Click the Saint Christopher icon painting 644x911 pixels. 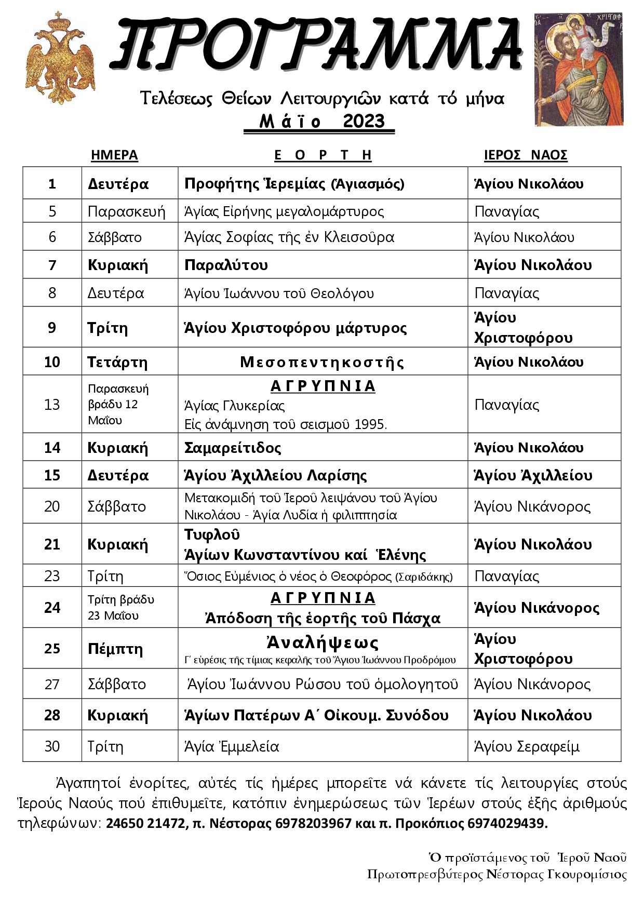click(578, 70)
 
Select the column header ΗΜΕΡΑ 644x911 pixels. click(114, 155)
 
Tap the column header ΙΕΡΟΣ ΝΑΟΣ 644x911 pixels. click(526, 155)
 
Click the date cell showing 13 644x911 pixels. click(52, 404)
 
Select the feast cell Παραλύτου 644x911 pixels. click(226, 265)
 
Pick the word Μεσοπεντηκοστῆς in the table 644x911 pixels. click(322, 362)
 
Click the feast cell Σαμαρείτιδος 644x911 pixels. click(233, 448)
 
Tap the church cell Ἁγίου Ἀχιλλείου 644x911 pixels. click(533, 475)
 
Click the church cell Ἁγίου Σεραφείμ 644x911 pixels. click(527, 746)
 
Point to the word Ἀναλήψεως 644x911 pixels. click(323, 643)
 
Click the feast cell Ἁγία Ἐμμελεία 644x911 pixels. click(232, 746)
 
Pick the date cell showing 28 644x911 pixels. click(52, 715)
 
